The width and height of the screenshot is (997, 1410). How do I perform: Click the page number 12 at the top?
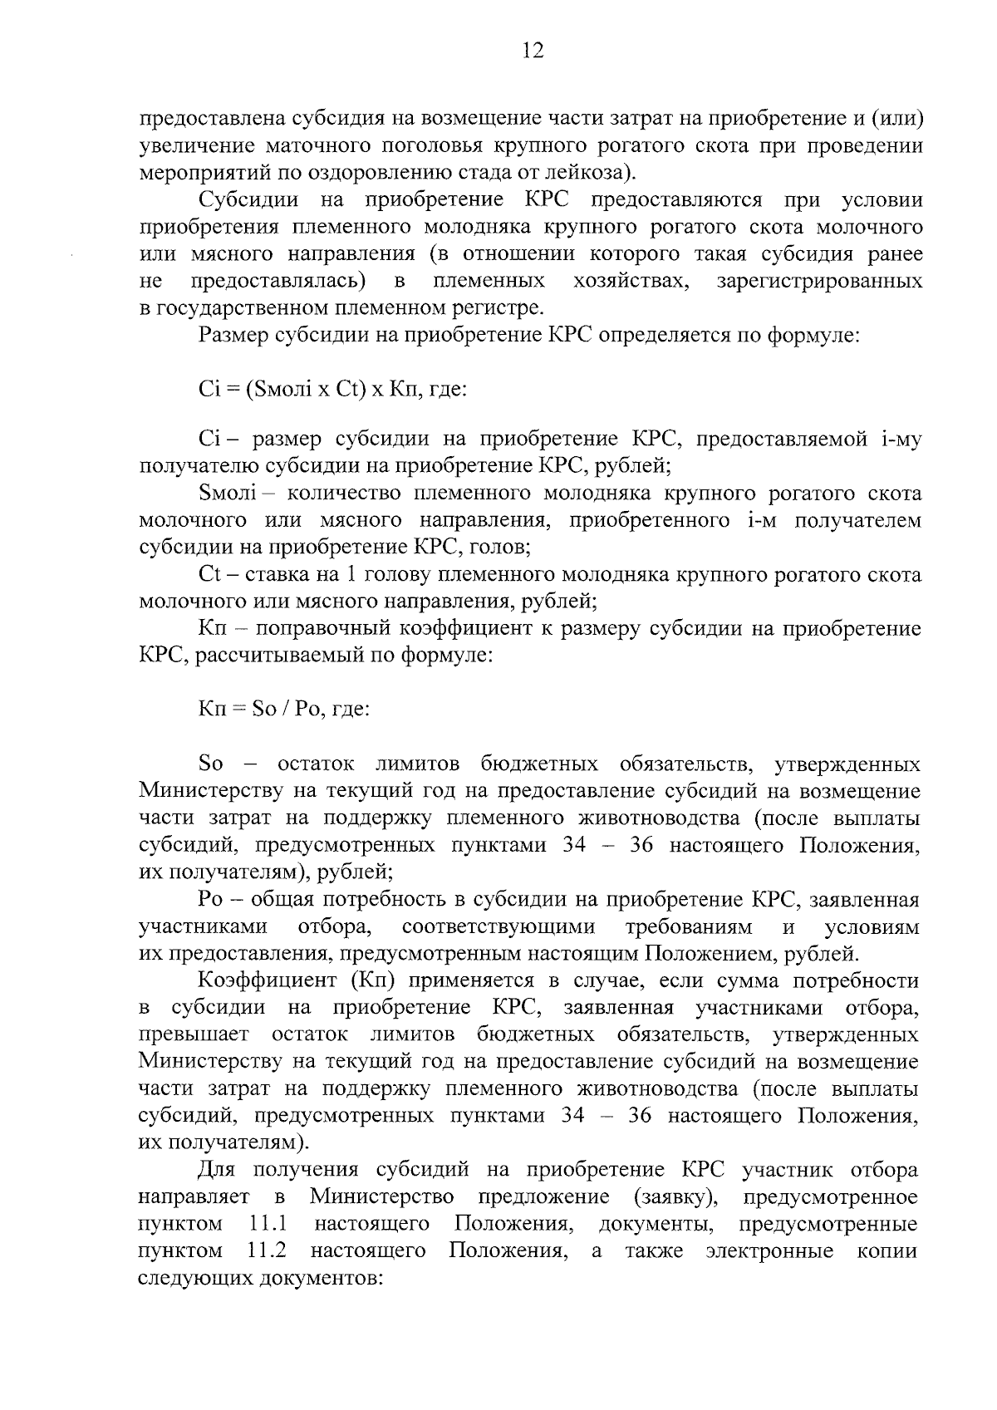tap(533, 52)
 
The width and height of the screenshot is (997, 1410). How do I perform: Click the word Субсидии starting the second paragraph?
tap(242, 200)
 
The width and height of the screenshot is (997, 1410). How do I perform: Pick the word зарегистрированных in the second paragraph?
tap(818, 281)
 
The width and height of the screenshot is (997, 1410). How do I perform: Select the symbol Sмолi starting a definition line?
tap(229, 494)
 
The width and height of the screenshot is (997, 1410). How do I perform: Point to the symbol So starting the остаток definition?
tap(211, 764)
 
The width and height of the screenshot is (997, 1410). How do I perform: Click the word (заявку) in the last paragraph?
tap(675, 1197)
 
